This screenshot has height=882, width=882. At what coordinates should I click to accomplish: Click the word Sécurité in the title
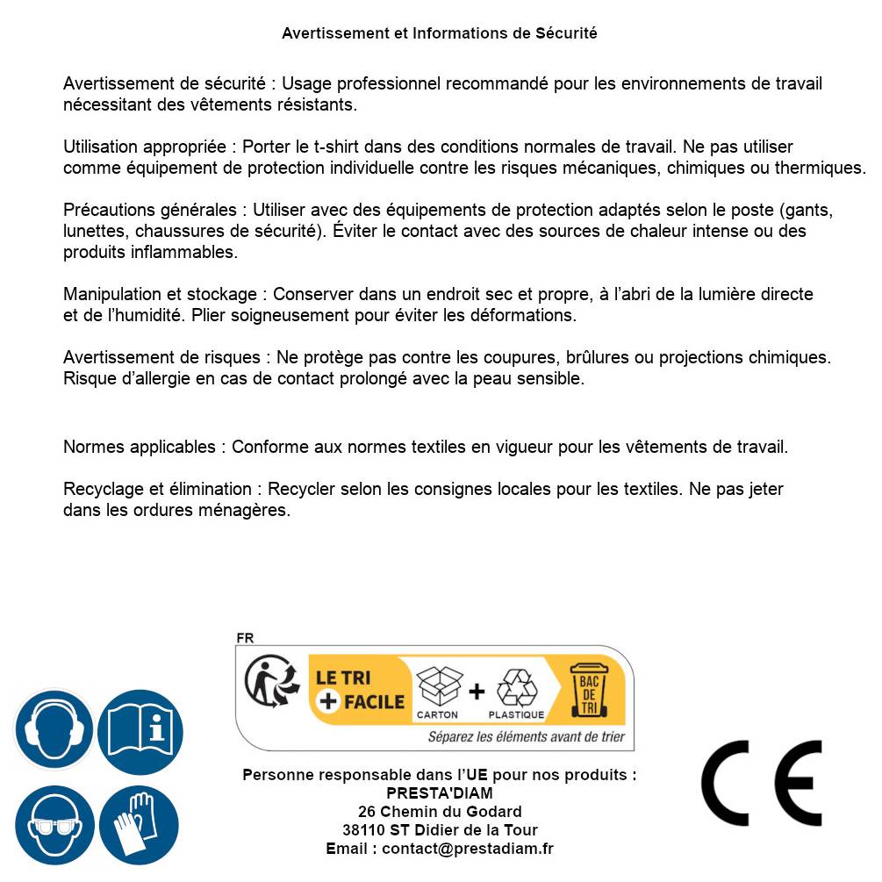pyautogui.click(x=566, y=33)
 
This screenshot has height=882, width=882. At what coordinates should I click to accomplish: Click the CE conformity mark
pyautogui.click(x=762, y=783)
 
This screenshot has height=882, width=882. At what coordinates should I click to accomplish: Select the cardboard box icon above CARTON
pyautogui.click(x=438, y=685)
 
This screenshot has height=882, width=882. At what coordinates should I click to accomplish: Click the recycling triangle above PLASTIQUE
pyautogui.click(x=516, y=687)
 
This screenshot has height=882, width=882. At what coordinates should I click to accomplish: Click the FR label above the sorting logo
pyautogui.click(x=245, y=638)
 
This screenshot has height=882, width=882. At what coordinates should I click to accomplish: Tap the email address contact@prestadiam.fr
pyautogui.click(x=468, y=849)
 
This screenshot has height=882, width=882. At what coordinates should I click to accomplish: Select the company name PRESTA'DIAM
pyautogui.click(x=440, y=793)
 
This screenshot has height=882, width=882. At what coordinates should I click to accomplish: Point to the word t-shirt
pyautogui.click(x=321, y=147)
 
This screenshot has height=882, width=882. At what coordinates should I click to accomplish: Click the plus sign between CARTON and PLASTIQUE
pyautogui.click(x=477, y=692)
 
